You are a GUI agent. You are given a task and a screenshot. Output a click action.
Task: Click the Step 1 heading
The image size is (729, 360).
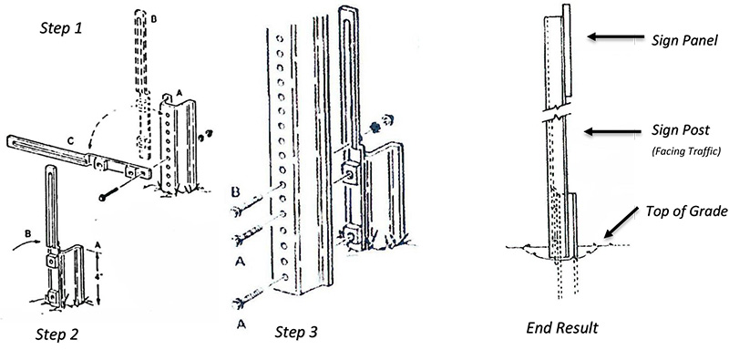tap(61, 28)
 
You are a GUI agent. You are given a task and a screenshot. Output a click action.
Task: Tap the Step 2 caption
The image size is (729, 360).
tap(57, 334)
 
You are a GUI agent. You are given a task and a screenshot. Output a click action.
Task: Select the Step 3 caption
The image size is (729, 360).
tap(296, 332)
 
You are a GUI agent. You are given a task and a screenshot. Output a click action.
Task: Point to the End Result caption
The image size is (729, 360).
tap(562, 328)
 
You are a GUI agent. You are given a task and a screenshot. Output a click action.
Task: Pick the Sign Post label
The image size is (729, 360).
tap(681, 130)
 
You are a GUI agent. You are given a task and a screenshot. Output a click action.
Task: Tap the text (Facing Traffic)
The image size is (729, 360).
tap(686, 151)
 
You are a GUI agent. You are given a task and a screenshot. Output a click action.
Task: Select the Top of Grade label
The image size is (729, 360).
tap(686, 211)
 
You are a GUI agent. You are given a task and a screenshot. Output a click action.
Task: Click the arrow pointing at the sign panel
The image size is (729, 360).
tap(616, 36)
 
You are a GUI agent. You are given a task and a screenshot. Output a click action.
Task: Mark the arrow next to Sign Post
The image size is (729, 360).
tap(612, 131)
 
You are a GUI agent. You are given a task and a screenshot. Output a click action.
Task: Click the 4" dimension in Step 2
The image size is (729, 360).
tap(98, 276)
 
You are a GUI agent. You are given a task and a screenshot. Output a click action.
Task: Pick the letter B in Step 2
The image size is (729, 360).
tap(27, 233)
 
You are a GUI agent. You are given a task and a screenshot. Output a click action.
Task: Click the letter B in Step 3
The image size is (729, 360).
tap(237, 191)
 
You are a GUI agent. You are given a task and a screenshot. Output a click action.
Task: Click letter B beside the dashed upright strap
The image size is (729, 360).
tap(154, 18)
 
